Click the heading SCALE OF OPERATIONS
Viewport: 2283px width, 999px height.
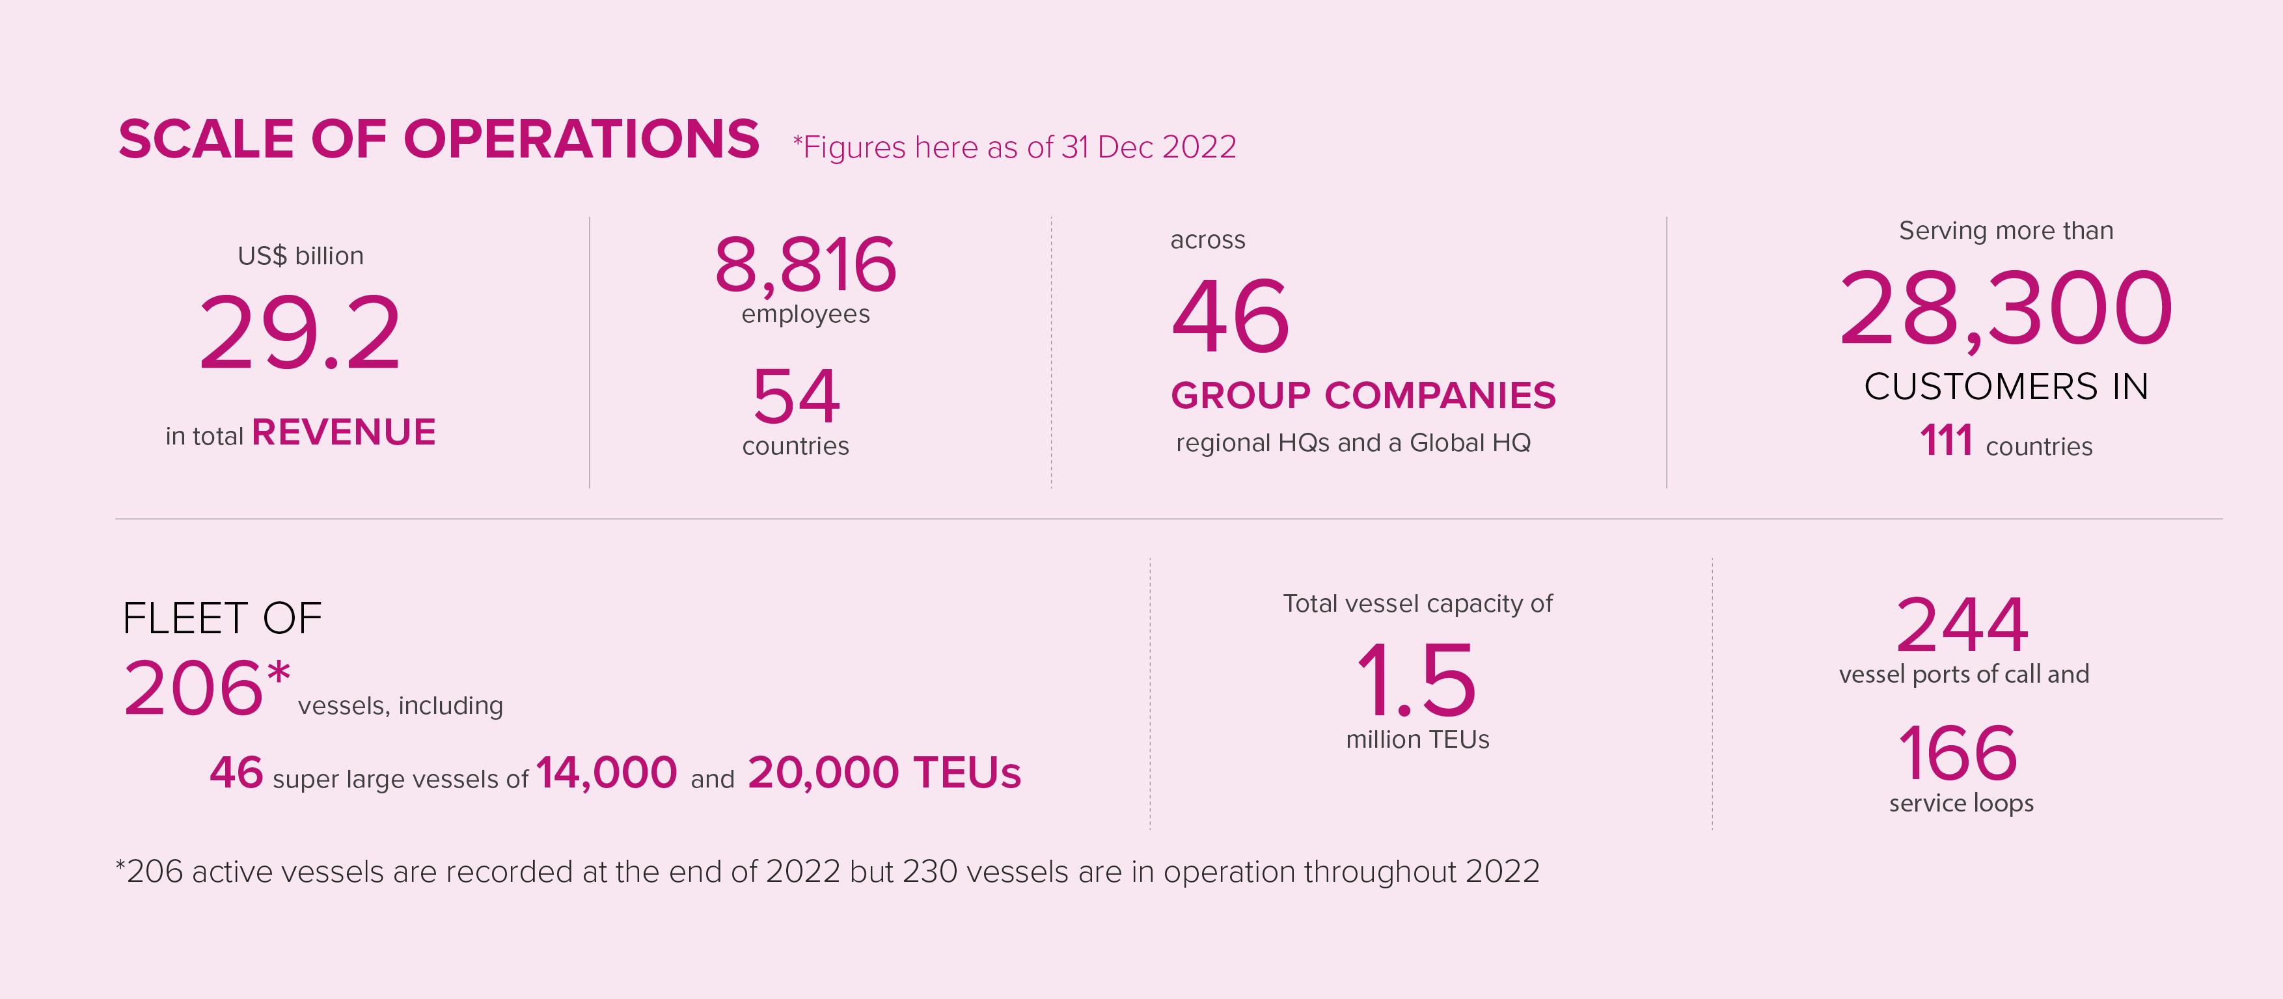click(439, 140)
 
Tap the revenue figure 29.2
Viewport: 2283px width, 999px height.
click(299, 333)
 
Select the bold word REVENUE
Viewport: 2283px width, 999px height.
click(344, 433)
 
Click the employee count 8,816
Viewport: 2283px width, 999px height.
click(805, 264)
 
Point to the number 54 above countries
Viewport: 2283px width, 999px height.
click(795, 397)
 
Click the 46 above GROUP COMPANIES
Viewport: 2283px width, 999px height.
click(1229, 316)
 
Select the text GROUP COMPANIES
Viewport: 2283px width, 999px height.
click(1362, 395)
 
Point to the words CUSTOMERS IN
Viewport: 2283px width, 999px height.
click(2006, 387)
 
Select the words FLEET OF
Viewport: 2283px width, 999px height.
click(221, 618)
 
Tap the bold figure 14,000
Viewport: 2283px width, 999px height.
click(606, 772)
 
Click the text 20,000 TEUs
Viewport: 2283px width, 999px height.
click(884, 772)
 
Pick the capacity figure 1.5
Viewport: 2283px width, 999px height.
click(1416, 681)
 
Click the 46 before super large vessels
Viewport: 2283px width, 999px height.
click(236, 772)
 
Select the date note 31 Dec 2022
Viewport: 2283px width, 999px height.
click(1149, 147)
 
